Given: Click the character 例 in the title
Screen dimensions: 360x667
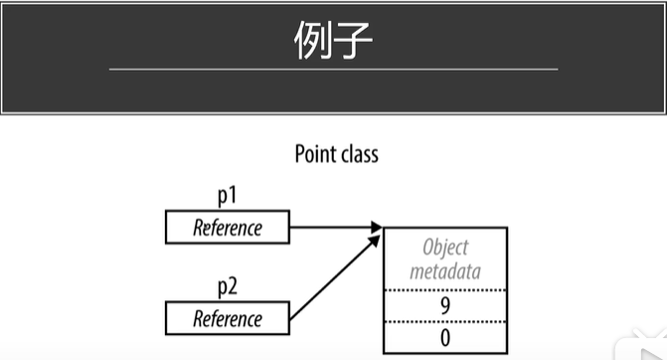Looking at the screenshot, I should (314, 42).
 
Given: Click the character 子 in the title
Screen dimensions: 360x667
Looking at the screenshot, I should (353, 42).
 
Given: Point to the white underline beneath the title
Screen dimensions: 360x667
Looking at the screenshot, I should (333, 69).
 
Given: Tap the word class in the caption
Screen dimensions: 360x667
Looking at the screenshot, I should (359, 154).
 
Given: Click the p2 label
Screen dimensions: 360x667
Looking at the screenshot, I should (228, 289).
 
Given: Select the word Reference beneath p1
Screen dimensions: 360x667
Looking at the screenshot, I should (228, 228).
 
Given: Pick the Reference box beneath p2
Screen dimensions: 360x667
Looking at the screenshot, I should (228, 319).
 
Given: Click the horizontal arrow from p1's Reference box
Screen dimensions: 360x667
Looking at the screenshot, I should (333, 228).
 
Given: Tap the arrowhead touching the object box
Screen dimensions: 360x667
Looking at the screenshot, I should (377, 229).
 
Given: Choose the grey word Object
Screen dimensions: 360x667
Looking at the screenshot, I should (445, 248).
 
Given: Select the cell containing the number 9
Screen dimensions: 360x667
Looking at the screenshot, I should (445, 306).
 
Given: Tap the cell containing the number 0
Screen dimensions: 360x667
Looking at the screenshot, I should (445, 337).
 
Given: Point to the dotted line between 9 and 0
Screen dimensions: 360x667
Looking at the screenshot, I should (445, 322).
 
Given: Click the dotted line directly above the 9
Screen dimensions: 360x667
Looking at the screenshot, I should (445, 290).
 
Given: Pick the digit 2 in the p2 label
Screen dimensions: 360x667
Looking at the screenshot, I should (233, 289).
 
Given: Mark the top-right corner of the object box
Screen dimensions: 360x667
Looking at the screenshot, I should (507, 229).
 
